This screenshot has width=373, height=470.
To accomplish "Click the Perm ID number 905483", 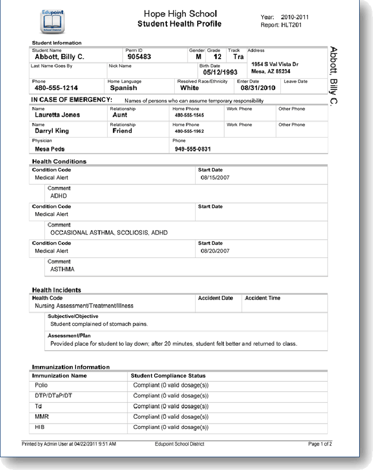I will click(x=139, y=56).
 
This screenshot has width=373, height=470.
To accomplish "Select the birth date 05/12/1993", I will click(x=220, y=72).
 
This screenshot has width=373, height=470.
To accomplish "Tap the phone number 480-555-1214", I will click(x=56, y=88).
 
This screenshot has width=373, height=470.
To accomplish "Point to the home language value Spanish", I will click(x=123, y=88).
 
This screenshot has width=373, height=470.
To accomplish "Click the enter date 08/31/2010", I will click(x=258, y=88).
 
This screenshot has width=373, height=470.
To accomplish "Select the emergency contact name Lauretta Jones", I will click(x=57, y=115).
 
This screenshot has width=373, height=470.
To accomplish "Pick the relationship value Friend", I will click(x=122, y=131).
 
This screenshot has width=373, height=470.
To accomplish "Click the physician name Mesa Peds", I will click(x=50, y=149).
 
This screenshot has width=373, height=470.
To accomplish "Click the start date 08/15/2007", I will click(x=215, y=177).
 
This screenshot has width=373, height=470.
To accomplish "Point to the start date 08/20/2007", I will click(x=215, y=251).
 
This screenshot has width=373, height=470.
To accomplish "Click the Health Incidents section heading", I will click(x=56, y=290).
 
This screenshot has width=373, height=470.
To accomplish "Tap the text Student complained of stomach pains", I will click(x=99, y=324).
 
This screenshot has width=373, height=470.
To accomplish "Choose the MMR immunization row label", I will click(x=42, y=417).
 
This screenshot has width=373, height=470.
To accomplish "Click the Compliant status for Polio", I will click(x=171, y=385).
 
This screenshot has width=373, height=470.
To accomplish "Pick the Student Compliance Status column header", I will click(x=168, y=376).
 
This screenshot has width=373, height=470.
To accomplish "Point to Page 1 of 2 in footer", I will click(x=320, y=444).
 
